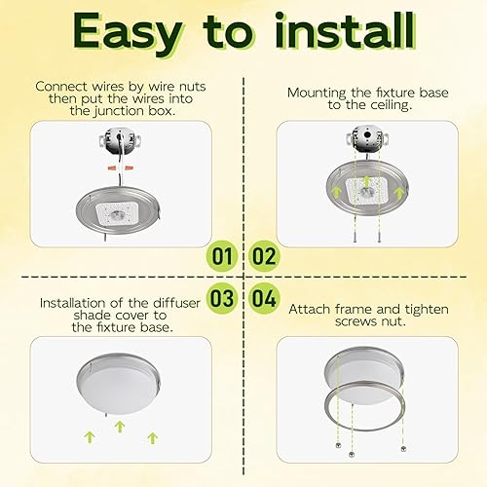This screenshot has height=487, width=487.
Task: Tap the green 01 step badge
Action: click(223, 258)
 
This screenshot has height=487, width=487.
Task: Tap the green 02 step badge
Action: click(264, 258)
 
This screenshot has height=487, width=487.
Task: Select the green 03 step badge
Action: click(223, 296)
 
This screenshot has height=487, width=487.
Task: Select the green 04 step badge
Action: click(264, 296)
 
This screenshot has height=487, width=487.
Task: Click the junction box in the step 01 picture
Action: click(118, 143)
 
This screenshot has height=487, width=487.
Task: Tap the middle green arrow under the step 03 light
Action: click(120, 426)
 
